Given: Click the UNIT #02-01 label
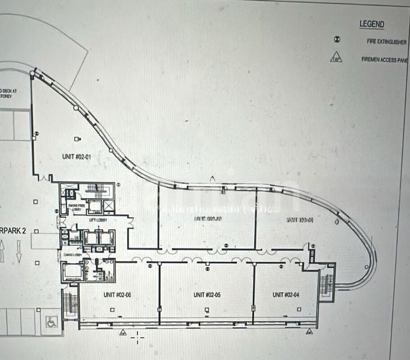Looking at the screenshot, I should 76,157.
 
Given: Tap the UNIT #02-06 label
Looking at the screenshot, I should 119,295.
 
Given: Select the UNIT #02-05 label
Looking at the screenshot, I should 207,295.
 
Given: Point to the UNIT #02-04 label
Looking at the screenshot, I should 286,295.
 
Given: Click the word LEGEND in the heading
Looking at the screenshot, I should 372,25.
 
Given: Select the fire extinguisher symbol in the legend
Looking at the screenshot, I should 337,40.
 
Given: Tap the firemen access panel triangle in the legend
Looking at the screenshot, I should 336,59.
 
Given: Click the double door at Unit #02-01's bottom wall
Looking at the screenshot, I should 44,177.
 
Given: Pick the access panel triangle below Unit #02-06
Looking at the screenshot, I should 123,331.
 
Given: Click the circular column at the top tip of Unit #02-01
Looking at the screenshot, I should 32,73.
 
